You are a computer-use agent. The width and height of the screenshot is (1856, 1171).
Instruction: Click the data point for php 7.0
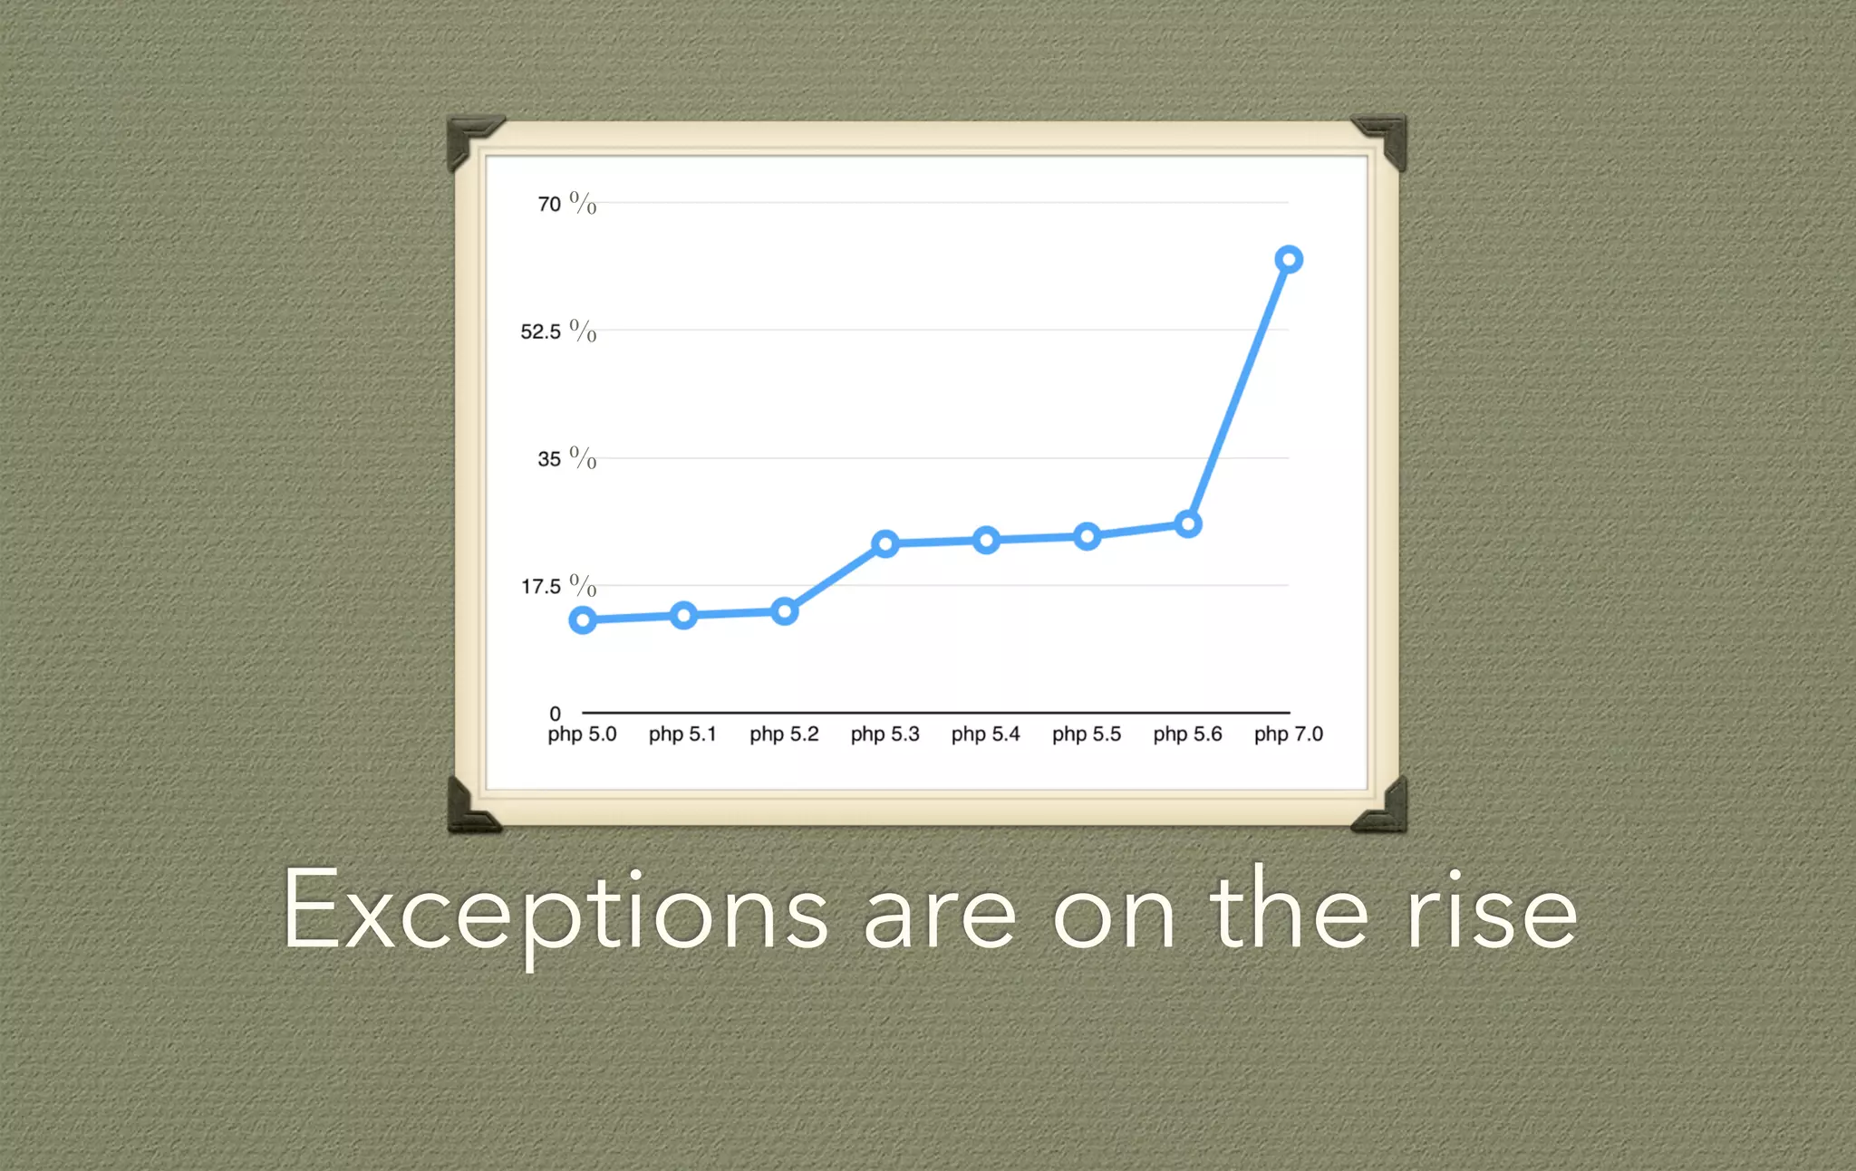[x=1289, y=260]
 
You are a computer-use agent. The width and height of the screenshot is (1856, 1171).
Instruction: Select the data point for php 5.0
[x=583, y=620]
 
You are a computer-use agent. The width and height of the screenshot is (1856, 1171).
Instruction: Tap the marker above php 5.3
[x=885, y=543]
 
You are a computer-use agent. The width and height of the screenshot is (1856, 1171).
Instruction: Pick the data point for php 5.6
[x=1188, y=524]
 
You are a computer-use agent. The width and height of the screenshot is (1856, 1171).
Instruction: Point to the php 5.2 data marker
[x=785, y=611]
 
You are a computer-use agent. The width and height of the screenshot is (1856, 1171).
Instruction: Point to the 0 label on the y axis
[x=555, y=714]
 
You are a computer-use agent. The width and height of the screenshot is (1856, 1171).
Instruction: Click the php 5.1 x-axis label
[x=682, y=734]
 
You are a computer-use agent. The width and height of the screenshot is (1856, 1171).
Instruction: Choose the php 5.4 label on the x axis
[x=985, y=734]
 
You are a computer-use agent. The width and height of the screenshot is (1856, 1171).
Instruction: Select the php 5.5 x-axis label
[x=1087, y=734]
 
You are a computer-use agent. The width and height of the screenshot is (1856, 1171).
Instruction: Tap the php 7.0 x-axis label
[x=1288, y=734]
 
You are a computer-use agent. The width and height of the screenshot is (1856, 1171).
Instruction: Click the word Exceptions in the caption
[x=555, y=911]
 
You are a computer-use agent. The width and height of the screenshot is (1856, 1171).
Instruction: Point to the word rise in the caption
[x=1492, y=911]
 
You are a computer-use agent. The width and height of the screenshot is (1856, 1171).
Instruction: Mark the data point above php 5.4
[x=986, y=541]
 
